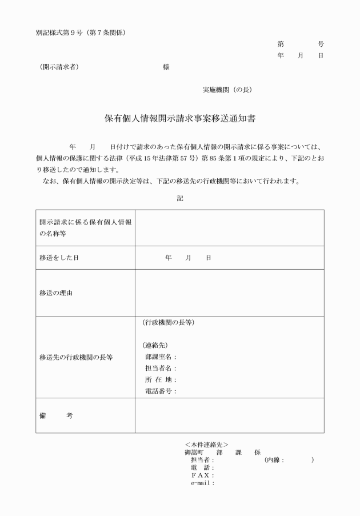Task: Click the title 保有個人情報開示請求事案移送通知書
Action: click(179, 119)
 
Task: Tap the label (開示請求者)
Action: click(56, 67)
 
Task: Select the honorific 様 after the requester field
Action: click(166, 67)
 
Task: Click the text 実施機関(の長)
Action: click(227, 90)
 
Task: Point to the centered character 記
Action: click(180, 198)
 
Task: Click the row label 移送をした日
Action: click(59, 258)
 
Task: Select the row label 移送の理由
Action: click(55, 293)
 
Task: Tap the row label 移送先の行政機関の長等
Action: click(76, 358)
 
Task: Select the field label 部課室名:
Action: click(161, 357)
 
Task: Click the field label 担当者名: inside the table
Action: click(161, 369)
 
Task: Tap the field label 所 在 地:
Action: click(161, 380)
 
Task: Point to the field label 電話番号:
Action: click(161, 391)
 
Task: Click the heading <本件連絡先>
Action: click(206, 444)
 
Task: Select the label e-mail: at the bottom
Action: click(203, 483)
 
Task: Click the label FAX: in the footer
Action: click(203, 475)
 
